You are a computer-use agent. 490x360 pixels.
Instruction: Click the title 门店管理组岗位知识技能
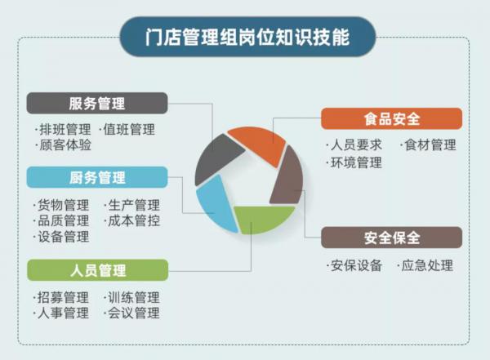(x=247, y=38)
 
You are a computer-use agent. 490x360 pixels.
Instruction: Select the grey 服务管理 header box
(x=97, y=103)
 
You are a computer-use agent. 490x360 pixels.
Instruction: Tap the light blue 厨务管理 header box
(x=97, y=177)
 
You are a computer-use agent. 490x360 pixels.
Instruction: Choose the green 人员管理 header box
(x=97, y=270)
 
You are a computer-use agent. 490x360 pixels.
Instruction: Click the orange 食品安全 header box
(x=391, y=118)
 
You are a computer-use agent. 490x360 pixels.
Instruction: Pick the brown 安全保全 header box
(x=391, y=238)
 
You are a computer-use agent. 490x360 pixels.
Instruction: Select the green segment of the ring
(x=262, y=219)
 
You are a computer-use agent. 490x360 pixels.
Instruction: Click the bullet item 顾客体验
(x=63, y=145)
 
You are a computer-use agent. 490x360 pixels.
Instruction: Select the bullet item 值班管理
(x=127, y=129)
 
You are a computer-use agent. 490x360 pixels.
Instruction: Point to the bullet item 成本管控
(x=131, y=221)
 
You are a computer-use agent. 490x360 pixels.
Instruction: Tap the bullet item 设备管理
(x=61, y=237)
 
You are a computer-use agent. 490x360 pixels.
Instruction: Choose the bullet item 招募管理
(x=61, y=297)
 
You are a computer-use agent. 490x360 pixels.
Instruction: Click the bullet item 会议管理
(x=131, y=313)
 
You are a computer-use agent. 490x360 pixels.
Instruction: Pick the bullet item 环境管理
(x=354, y=162)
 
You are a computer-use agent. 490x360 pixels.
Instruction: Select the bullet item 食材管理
(x=428, y=145)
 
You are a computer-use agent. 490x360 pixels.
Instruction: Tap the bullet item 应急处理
(x=425, y=265)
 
